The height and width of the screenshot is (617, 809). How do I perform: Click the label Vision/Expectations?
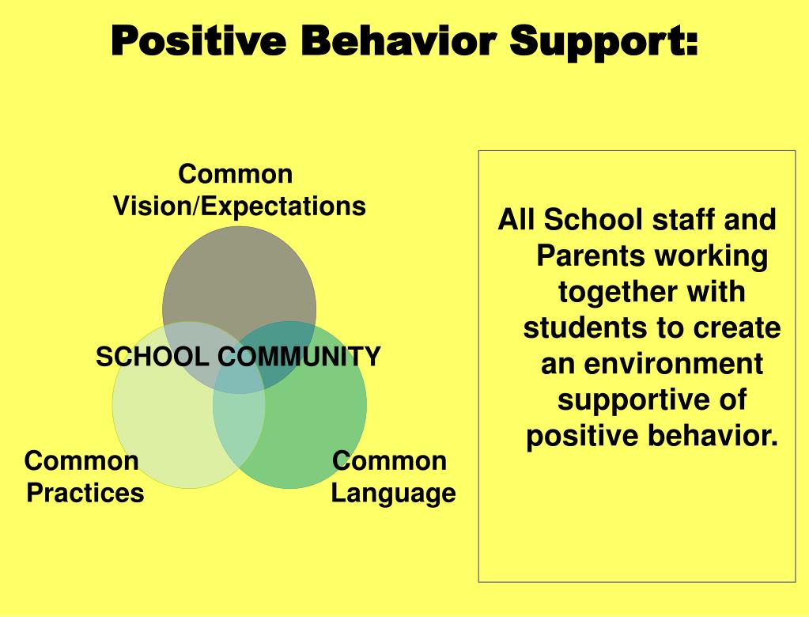click(240, 206)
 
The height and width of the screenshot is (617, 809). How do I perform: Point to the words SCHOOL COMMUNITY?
click(238, 357)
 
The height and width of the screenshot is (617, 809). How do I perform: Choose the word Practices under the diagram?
click(85, 493)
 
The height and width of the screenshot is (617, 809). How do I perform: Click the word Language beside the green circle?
click(393, 493)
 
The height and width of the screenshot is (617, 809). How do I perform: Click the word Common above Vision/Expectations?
click(236, 173)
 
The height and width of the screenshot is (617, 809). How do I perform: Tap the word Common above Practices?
click(81, 460)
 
